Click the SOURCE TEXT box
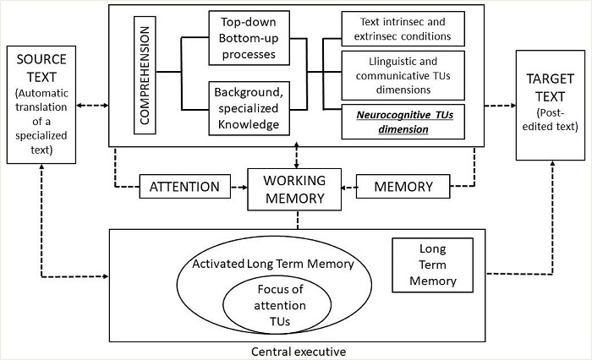pyautogui.click(x=41, y=105)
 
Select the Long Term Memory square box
pyautogui.click(x=427, y=265)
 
